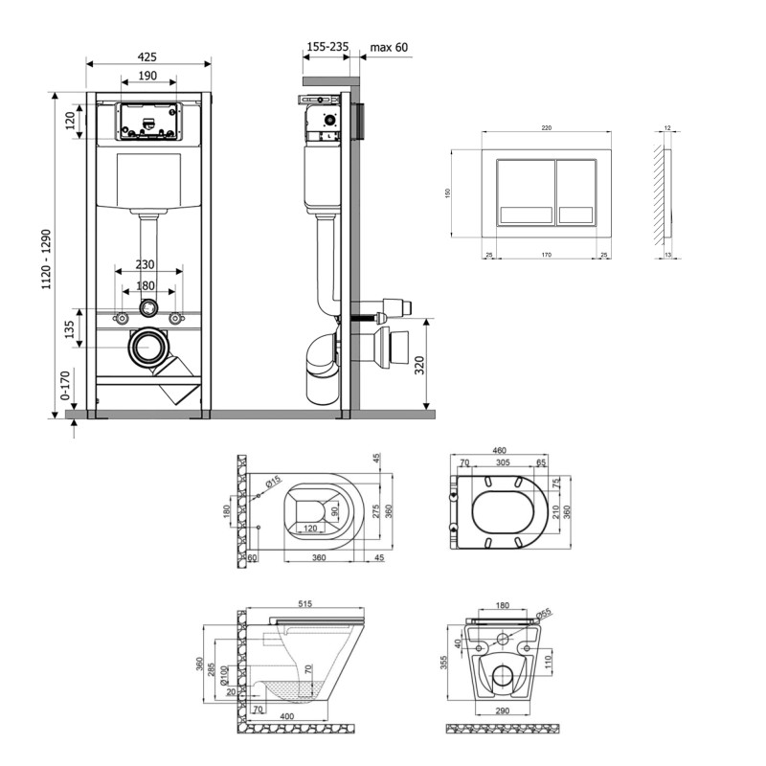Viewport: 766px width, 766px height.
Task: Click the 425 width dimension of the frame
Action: coord(148,56)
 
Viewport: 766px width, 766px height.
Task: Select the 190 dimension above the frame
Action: coord(148,77)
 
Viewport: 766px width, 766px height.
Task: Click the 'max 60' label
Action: coord(388,45)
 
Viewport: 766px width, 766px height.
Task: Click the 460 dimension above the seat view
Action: coord(499,451)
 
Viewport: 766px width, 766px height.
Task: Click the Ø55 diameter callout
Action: coord(543,616)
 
